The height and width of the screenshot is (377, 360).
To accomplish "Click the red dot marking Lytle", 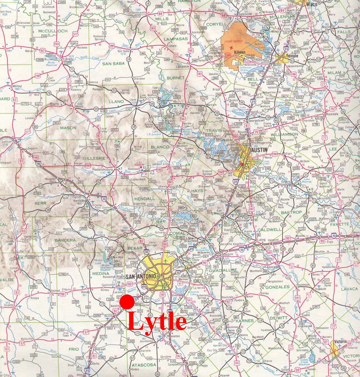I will [127, 302].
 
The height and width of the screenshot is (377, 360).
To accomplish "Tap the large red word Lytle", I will [157, 321].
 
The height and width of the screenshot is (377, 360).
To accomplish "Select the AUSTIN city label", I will [259, 150].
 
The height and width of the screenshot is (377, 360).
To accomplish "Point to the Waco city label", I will [312, 4].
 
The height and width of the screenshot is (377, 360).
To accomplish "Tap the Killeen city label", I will [240, 52].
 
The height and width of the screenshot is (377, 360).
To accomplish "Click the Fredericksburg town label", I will [103, 169].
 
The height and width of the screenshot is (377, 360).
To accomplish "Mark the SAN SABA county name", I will [114, 63].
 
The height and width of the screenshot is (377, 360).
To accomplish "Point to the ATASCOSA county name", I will [144, 365].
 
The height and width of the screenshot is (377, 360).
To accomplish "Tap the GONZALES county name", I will [277, 287].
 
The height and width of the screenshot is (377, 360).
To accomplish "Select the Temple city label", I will [292, 56].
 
